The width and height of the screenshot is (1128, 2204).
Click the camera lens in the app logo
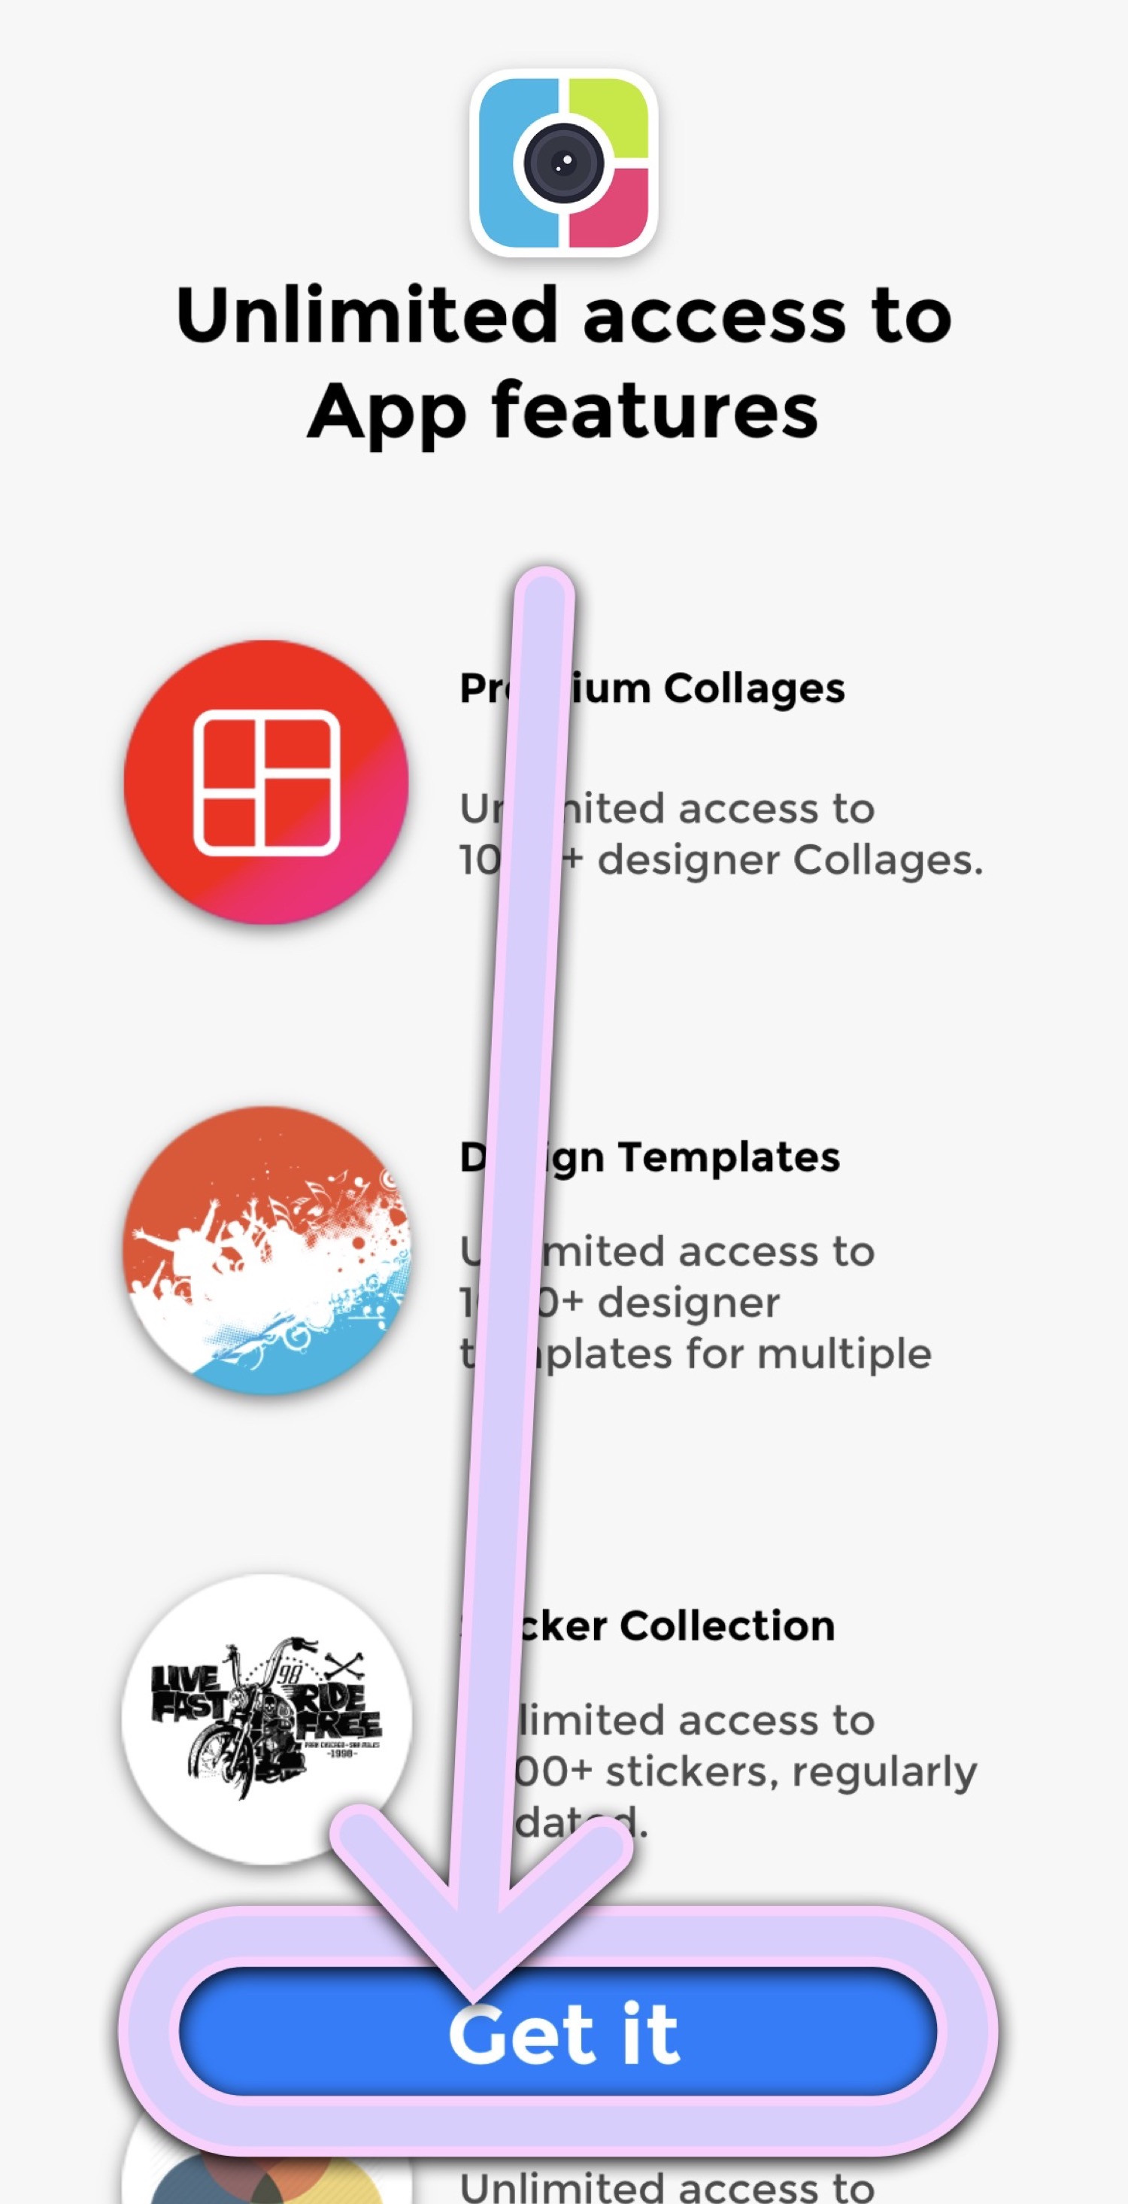(562, 163)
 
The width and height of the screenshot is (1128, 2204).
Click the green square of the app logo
(609, 117)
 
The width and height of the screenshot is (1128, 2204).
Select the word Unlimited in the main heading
(367, 315)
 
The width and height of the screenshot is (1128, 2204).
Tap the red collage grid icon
(266, 782)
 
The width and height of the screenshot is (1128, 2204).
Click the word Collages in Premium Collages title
(754, 688)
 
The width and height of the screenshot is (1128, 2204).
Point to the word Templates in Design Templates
(729, 1157)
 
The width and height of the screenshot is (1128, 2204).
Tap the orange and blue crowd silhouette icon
(266, 1251)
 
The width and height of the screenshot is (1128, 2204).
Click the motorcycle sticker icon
(266, 1719)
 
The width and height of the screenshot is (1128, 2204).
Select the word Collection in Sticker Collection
(727, 1625)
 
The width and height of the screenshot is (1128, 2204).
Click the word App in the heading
(387, 412)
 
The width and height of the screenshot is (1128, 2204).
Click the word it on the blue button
(650, 2033)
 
